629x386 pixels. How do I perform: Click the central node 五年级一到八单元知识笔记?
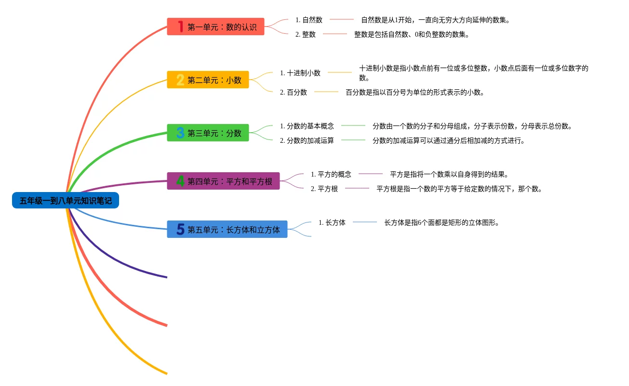(x=66, y=200)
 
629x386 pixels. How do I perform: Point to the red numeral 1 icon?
(x=180, y=27)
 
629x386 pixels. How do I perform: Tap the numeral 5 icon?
(x=180, y=230)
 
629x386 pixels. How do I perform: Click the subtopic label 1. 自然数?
(x=309, y=20)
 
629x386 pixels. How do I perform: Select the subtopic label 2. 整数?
(x=306, y=34)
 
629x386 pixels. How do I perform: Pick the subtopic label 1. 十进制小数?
(x=300, y=73)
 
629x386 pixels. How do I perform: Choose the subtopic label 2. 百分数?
(x=294, y=92)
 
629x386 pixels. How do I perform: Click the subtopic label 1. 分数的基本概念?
(x=307, y=126)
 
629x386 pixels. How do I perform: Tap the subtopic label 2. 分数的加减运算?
(x=307, y=140)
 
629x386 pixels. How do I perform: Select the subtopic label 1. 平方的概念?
(x=331, y=174)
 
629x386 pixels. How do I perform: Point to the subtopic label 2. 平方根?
(x=324, y=189)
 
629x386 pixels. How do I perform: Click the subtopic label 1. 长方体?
(x=332, y=222)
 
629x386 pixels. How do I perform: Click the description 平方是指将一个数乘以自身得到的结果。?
(x=449, y=174)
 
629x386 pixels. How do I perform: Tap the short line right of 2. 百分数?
(x=326, y=92)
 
